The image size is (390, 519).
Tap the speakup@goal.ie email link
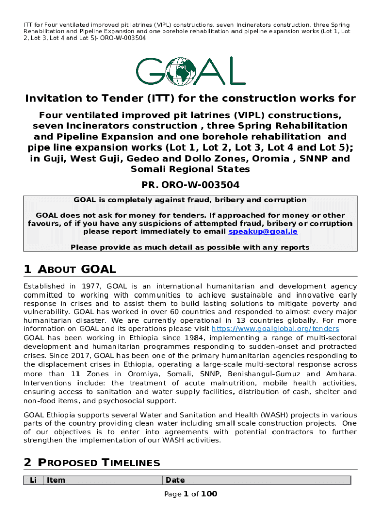click(x=263, y=232)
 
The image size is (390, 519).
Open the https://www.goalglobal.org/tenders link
click(x=293, y=328)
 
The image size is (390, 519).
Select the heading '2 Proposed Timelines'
click(x=92, y=462)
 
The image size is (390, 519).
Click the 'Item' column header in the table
click(x=56, y=480)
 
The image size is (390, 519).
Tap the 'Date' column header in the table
click(x=175, y=480)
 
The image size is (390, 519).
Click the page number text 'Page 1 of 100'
click(x=190, y=494)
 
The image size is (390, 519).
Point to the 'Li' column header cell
click(x=33, y=480)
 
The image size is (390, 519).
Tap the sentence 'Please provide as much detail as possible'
click(x=190, y=247)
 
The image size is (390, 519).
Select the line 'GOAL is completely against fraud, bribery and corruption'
click(x=190, y=200)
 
